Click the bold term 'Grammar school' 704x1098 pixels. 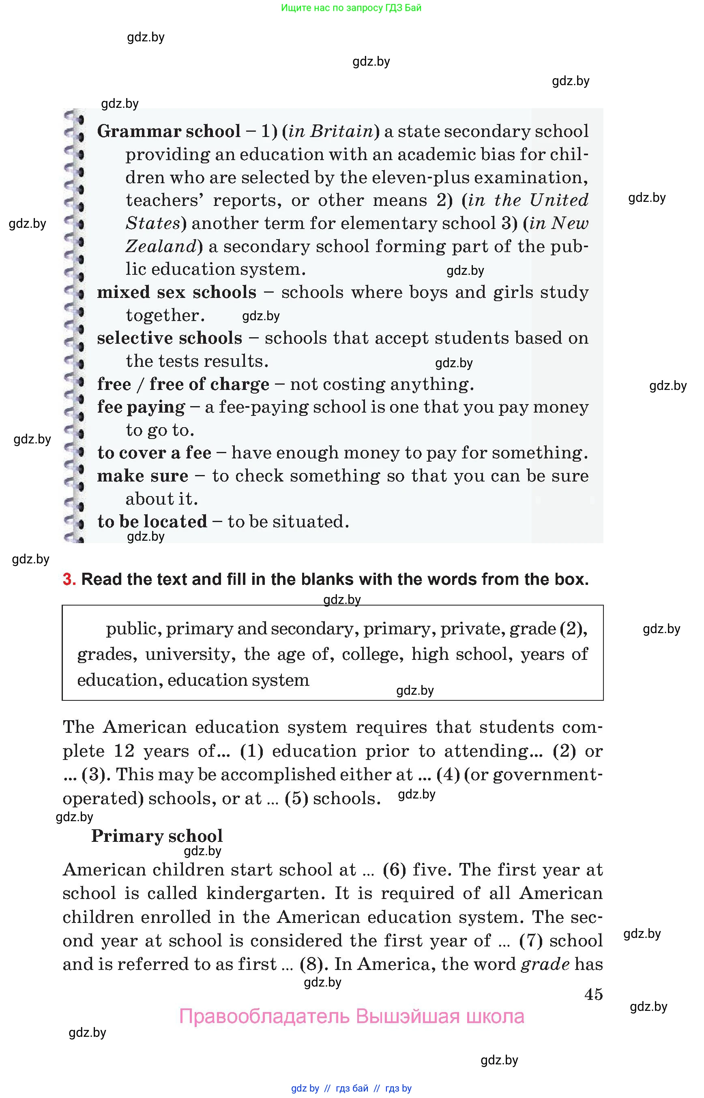pyautogui.click(x=168, y=132)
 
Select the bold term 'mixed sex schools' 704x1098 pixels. pyautogui.click(x=176, y=292)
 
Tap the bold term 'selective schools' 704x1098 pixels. pyautogui.click(x=169, y=338)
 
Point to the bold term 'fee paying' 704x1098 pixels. pyautogui.click(x=141, y=407)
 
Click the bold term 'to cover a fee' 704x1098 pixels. pyautogui.click(x=154, y=453)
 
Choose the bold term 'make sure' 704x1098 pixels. pyautogui.click(x=142, y=476)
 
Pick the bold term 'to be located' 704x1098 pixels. pyautogui.click(x=152, y=522)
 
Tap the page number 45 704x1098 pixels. pyautogui.click(x=593, y=994)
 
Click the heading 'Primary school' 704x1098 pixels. pyautogui.click(x=157, y=836)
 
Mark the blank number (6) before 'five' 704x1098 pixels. pyautogui.click(x=394, y=869)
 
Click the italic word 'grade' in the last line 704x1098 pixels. pyautogui.click(x=545, y=964)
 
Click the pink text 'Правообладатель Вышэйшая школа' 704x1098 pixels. pyautogui.click(x=351, y=1017)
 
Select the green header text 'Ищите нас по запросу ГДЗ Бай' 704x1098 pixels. pyautogui.click(x=351, y=8)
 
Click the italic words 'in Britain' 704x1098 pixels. pyautogui.click(x=331, y=132)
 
